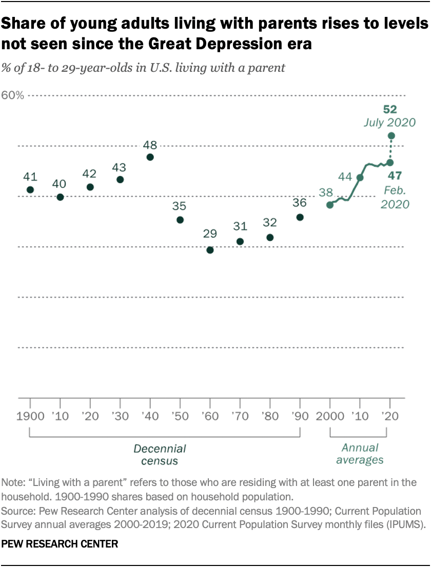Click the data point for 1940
pyautogui.click(x=150, y=157)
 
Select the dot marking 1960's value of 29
pyautogui.click(x=210, y=250)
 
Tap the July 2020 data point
pyautogui.click(x=391, y=136)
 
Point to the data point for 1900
pyautogui.click(x=30, y=190)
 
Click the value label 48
pyautogui.click(x=150, y=144)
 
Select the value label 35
pyautogui.click(x=180, y=206)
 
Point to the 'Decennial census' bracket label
pyautogui.click(x=160, y=455)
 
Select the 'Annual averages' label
pyautogui.click(x=359, y=454)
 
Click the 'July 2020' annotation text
pyautogui.click(x=390, y=123)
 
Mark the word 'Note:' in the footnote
pyautogui.click(x=15, y=483)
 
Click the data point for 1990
pyautogui.click(x=300, y=217)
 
